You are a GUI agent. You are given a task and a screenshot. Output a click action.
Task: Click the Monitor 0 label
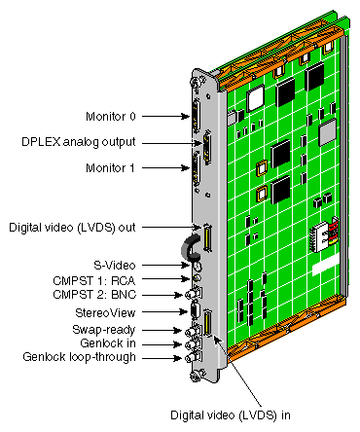(111, 116)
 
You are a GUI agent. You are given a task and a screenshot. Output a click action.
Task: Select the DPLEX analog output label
(79, 142)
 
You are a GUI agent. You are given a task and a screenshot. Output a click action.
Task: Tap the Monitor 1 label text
(110, 168)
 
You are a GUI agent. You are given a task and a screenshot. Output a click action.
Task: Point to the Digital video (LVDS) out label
(72, 228)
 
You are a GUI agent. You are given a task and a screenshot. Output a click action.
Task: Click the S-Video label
(115, 266)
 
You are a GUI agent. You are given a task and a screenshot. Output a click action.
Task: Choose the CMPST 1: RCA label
(94, 280)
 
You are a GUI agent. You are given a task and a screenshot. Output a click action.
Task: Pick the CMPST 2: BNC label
(94, 295)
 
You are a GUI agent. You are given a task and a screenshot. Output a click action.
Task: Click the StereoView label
(105, 312)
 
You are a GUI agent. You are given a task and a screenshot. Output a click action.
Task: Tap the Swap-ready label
(104, 330)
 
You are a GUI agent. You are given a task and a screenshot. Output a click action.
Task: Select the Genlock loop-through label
(80, 357)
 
